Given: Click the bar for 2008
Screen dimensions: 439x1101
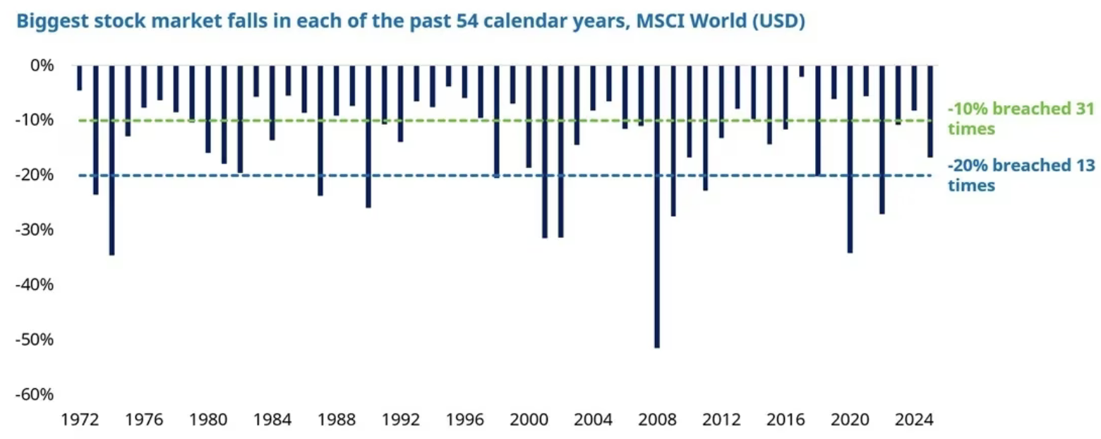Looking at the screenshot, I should pyautogui.click(x=657, y=205).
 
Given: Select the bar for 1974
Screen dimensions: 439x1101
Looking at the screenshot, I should pyautogui.click(x=112, y=159).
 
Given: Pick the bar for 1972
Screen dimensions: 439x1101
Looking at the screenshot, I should pyautogui.click(x=80, y=78).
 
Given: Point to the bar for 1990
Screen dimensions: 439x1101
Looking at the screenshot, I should pyautogui.click(x=368, y=136).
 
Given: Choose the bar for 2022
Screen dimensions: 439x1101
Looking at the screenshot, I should pyautogui.click(x=882, y=139).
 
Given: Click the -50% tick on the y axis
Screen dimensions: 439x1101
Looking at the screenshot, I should pyautogui.click(x=35, y=339).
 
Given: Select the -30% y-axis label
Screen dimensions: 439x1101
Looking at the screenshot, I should pyautogui.click(x=35, y=230).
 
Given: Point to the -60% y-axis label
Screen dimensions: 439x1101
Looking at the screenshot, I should pyautogui.click(x=35, y=395).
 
